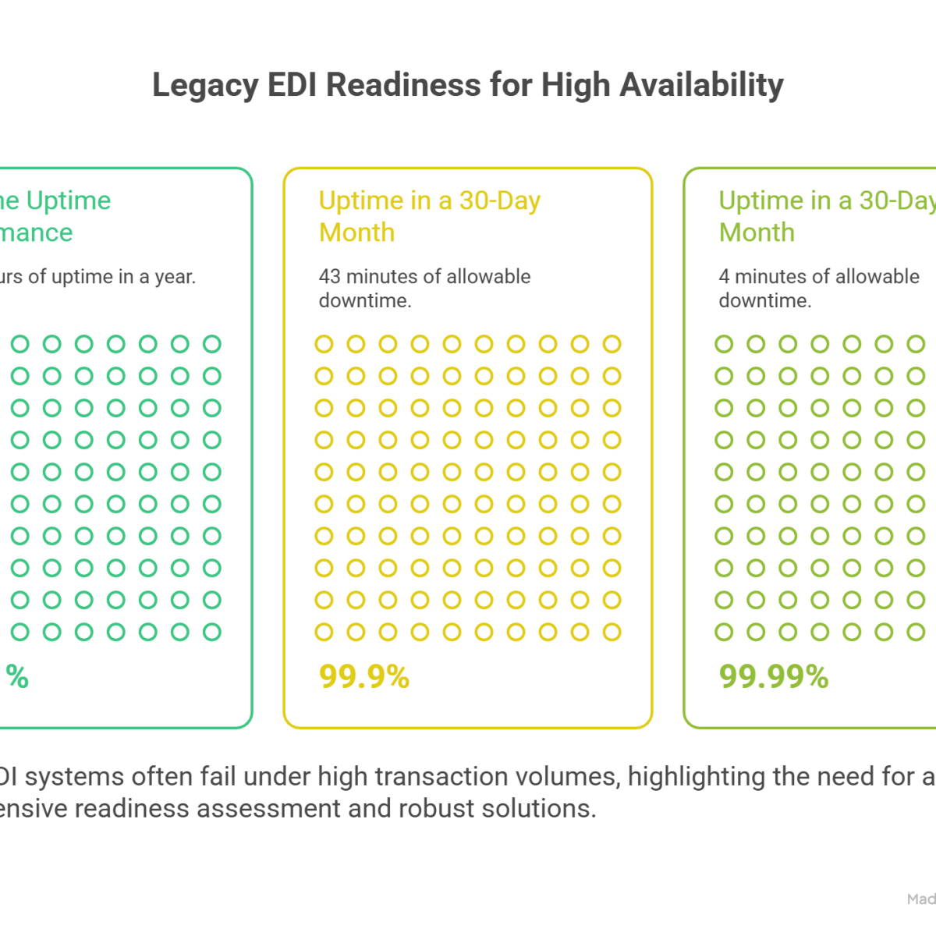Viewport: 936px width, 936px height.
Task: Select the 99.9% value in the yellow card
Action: [364, 677]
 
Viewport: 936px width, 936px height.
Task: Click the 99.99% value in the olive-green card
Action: [774, 677]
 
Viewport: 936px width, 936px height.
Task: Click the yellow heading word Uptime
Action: [361, 200]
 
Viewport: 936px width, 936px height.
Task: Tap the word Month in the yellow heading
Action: [357, 232]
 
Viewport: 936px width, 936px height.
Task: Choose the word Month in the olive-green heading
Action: [757, 232]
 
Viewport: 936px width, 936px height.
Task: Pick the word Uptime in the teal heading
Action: [69, 200]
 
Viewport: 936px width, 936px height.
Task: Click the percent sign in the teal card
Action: [18, 677]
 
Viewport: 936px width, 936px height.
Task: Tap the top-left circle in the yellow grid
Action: [324, 344]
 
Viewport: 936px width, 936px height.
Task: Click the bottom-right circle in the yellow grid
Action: [612, 631]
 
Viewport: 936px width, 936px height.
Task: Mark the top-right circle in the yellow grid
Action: [612, 344]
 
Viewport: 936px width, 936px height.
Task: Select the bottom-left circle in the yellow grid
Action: [324, 631]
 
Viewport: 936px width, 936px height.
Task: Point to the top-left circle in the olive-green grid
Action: [724, 344]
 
